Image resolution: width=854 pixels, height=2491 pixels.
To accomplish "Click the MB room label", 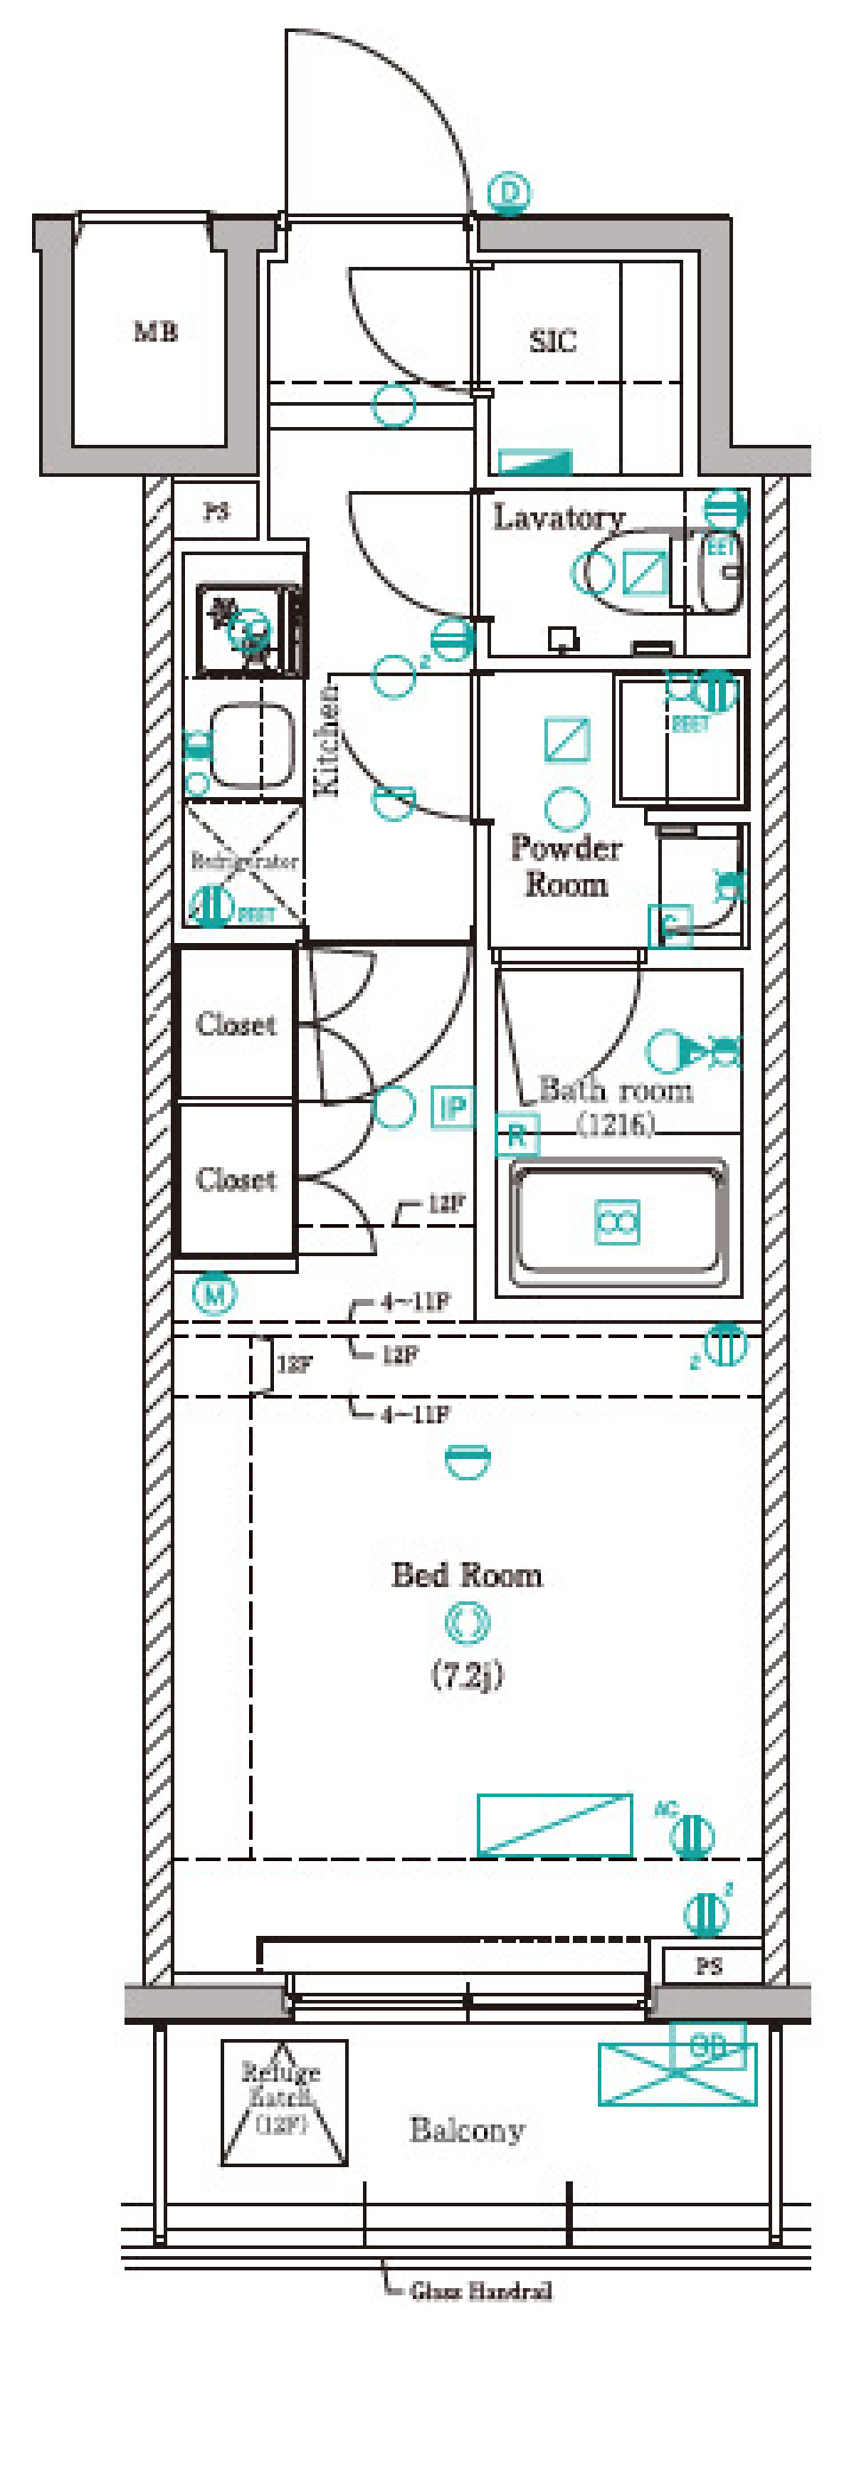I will click(x=155, y=332).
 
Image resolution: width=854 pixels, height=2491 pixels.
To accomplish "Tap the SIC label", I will click(x=552, y=341).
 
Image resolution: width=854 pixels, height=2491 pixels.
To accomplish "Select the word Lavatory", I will click(x=558, y=518).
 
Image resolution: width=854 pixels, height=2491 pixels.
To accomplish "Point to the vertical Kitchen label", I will click(x=328, y=740).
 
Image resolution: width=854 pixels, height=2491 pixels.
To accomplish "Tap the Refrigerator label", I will click(x=244, y=860).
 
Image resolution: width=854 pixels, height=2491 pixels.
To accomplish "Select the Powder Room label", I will click(x=566, y=867).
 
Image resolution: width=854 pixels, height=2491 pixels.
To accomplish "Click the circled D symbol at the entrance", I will click(x=510, y=192).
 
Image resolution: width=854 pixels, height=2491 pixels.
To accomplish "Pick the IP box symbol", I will click(x=453, y=1108).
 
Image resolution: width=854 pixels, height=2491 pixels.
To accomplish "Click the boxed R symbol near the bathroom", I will click(x=517, y=1136).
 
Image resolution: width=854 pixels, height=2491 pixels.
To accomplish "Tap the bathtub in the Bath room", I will click(x=617, y=1223).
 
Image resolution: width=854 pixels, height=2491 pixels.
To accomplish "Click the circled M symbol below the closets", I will click(x=214, y=1294).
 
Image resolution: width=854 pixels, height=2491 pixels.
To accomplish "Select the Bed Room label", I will click(x=466, y=1576).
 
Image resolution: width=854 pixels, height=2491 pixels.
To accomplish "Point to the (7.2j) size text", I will click(x=466, y=1674).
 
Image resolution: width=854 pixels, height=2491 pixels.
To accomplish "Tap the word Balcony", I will click(x=467, y=2131).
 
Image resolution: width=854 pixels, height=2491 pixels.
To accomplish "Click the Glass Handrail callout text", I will click(x=480, y=2291).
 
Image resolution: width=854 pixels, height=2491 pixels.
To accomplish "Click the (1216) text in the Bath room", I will click(x=615, y=1124).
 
